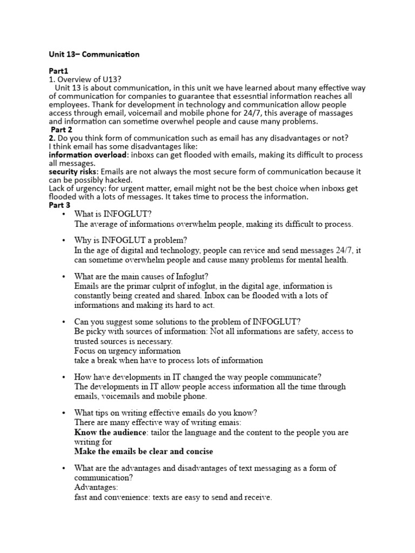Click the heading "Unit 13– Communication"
coord(94,54)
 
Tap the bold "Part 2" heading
coord(61,130)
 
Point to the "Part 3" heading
coord(59,205)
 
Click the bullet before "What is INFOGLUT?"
coord(64,214)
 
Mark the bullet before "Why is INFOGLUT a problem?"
coord(64,240)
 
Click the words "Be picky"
coord(90,332)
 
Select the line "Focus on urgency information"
coord(128,350)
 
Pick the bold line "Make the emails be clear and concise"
coord(143,451)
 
